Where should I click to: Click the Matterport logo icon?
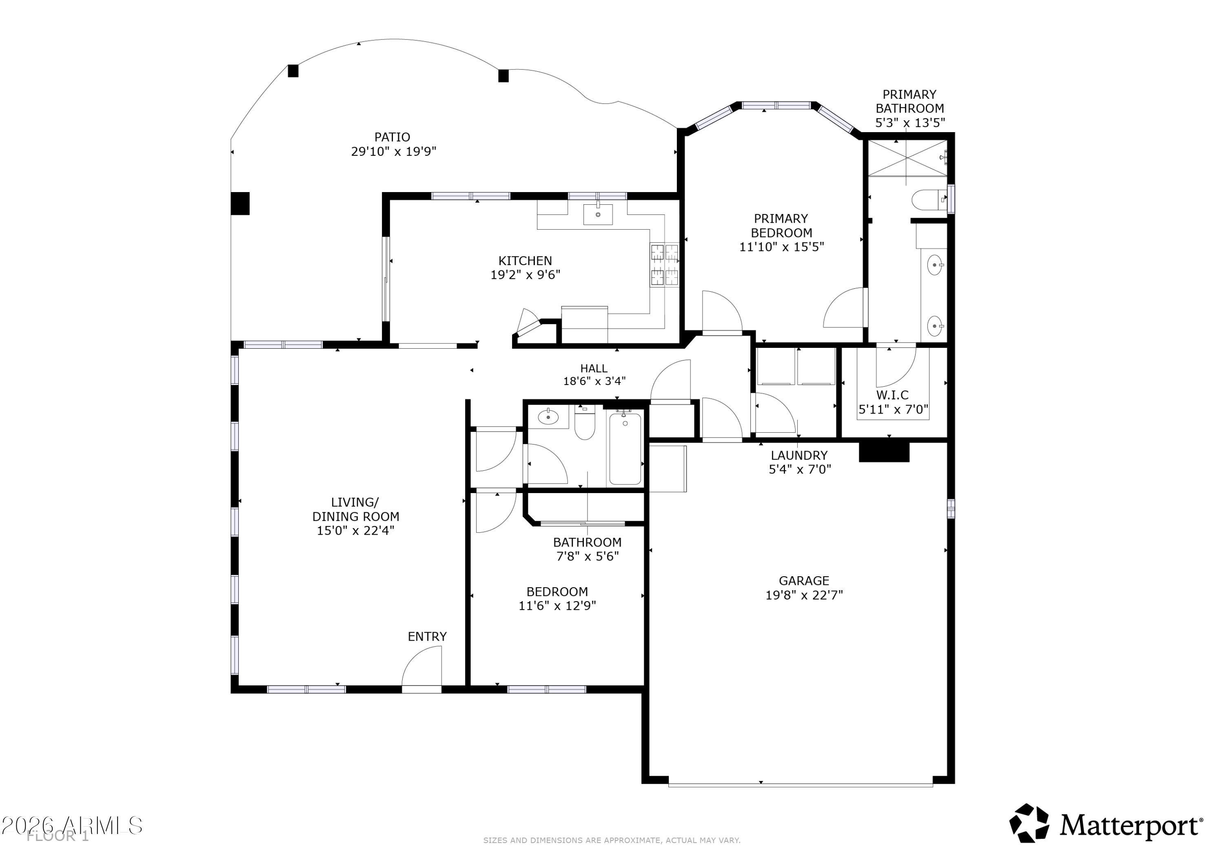(x=1029, y=824)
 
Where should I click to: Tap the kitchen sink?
(x=598, y=214)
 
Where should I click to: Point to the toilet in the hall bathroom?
(x=585, y=423)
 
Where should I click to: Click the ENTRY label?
(x=427, y=636)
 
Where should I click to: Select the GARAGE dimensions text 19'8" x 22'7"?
(x=804, y=595)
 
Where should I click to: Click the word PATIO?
(x=392, y=137)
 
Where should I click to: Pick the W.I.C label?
(x=892, y=395)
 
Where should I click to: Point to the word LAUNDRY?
(x=799, y=455)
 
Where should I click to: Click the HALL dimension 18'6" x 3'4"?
(x=594, y=381)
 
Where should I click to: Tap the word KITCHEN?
(x=525, y=261)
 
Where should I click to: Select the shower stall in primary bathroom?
(x=907, y=158)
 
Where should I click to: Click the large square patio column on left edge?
(x=240, y=203)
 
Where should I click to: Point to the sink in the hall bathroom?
(x=548, y=417)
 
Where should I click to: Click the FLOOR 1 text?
(x=58, y=836)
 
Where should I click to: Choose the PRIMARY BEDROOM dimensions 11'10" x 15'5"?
(x=782, y=247)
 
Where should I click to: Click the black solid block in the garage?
(x=884, y=451)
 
